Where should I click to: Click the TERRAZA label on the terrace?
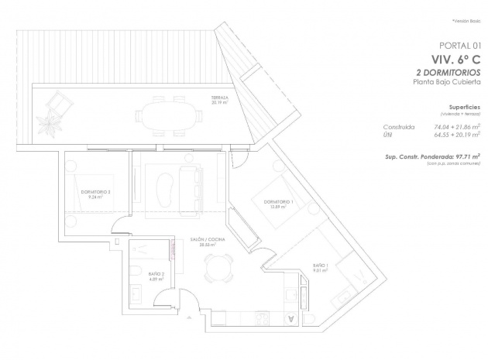[219, 98]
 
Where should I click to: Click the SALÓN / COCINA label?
[208, 242]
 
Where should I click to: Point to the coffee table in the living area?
[164, 188]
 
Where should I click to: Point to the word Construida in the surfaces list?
[399, 126]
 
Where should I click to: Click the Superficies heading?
[465, 108]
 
